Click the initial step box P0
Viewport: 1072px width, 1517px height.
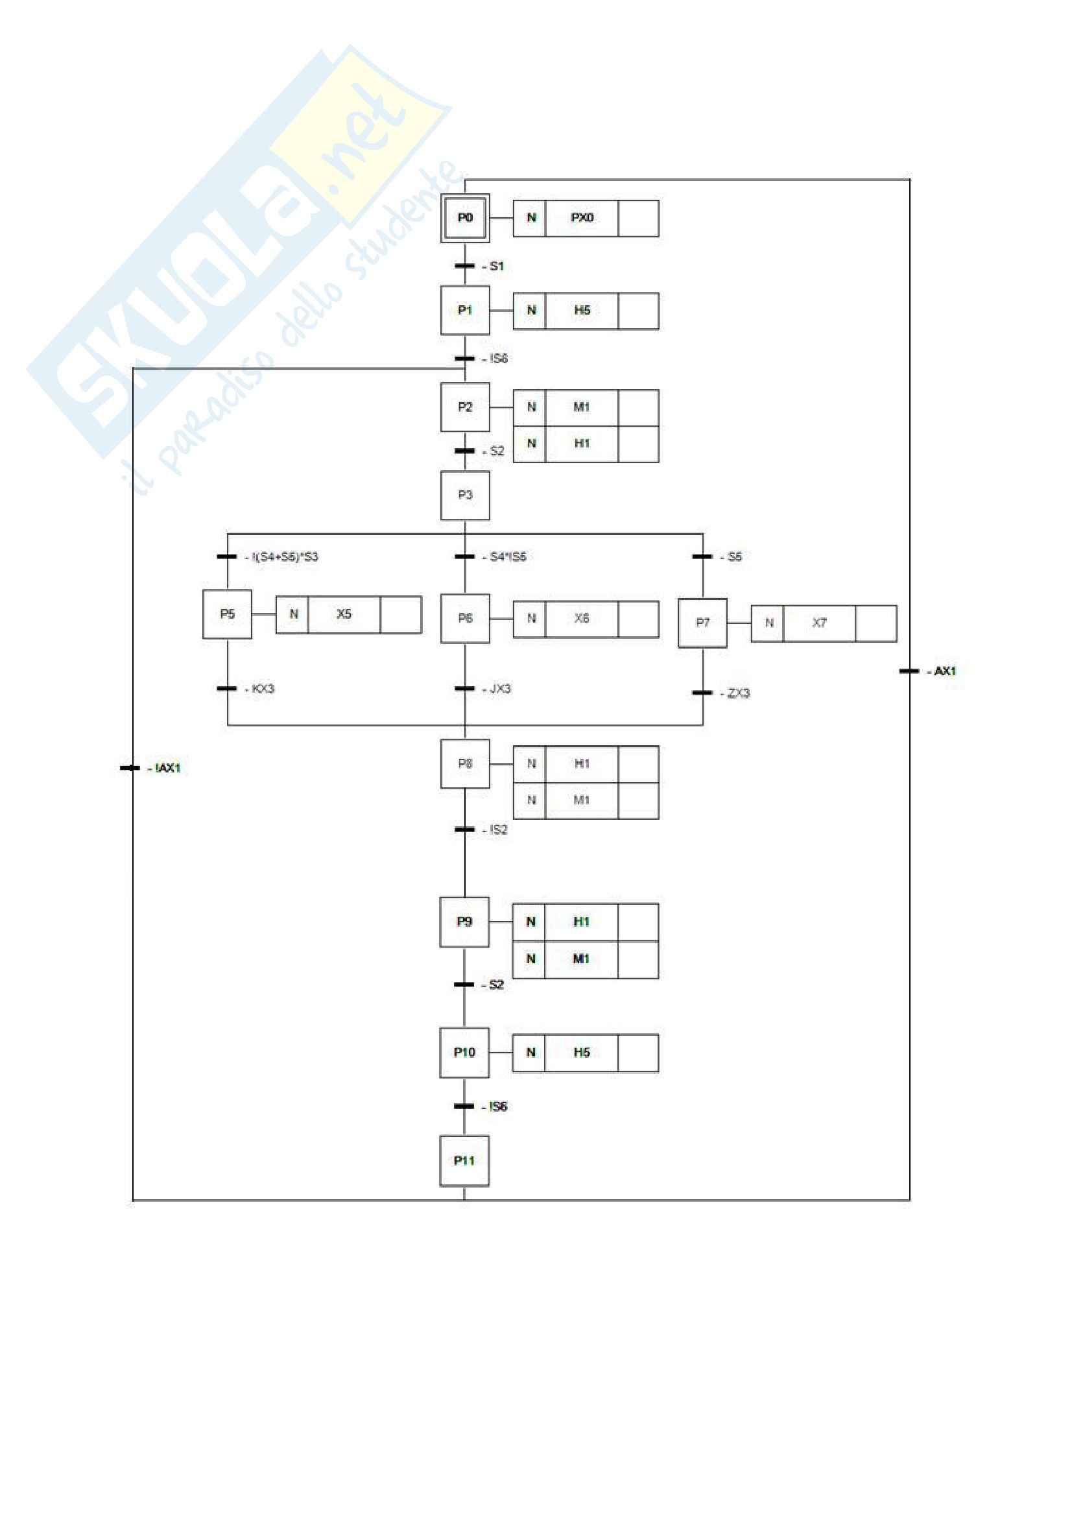pos(465,218)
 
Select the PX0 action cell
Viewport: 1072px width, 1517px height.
pos(581,218)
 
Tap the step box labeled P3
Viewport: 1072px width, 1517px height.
pos(465,495)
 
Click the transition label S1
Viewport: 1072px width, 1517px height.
pos(496,267)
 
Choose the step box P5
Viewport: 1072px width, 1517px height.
pos(227,614)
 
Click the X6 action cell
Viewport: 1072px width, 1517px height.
pos(581,619)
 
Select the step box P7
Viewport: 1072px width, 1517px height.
pos(702,623)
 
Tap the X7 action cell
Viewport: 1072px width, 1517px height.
pos(819,623)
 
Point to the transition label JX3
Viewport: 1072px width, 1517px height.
pos(500,689)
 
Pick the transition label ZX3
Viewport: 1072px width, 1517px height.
pos(738,693)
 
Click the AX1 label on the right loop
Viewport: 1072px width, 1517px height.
pos(944,671)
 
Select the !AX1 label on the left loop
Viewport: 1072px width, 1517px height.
pos(168,768)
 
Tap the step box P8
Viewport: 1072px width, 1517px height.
pos(465,764)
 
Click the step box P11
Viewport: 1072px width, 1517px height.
pos(464,1161)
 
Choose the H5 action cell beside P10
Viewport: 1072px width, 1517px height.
pos(581,1053)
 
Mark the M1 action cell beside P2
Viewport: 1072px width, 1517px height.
pos(581,407)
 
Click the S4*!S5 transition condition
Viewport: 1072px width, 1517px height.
pos(508,557)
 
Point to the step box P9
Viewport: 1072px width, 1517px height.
pos(464,922)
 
